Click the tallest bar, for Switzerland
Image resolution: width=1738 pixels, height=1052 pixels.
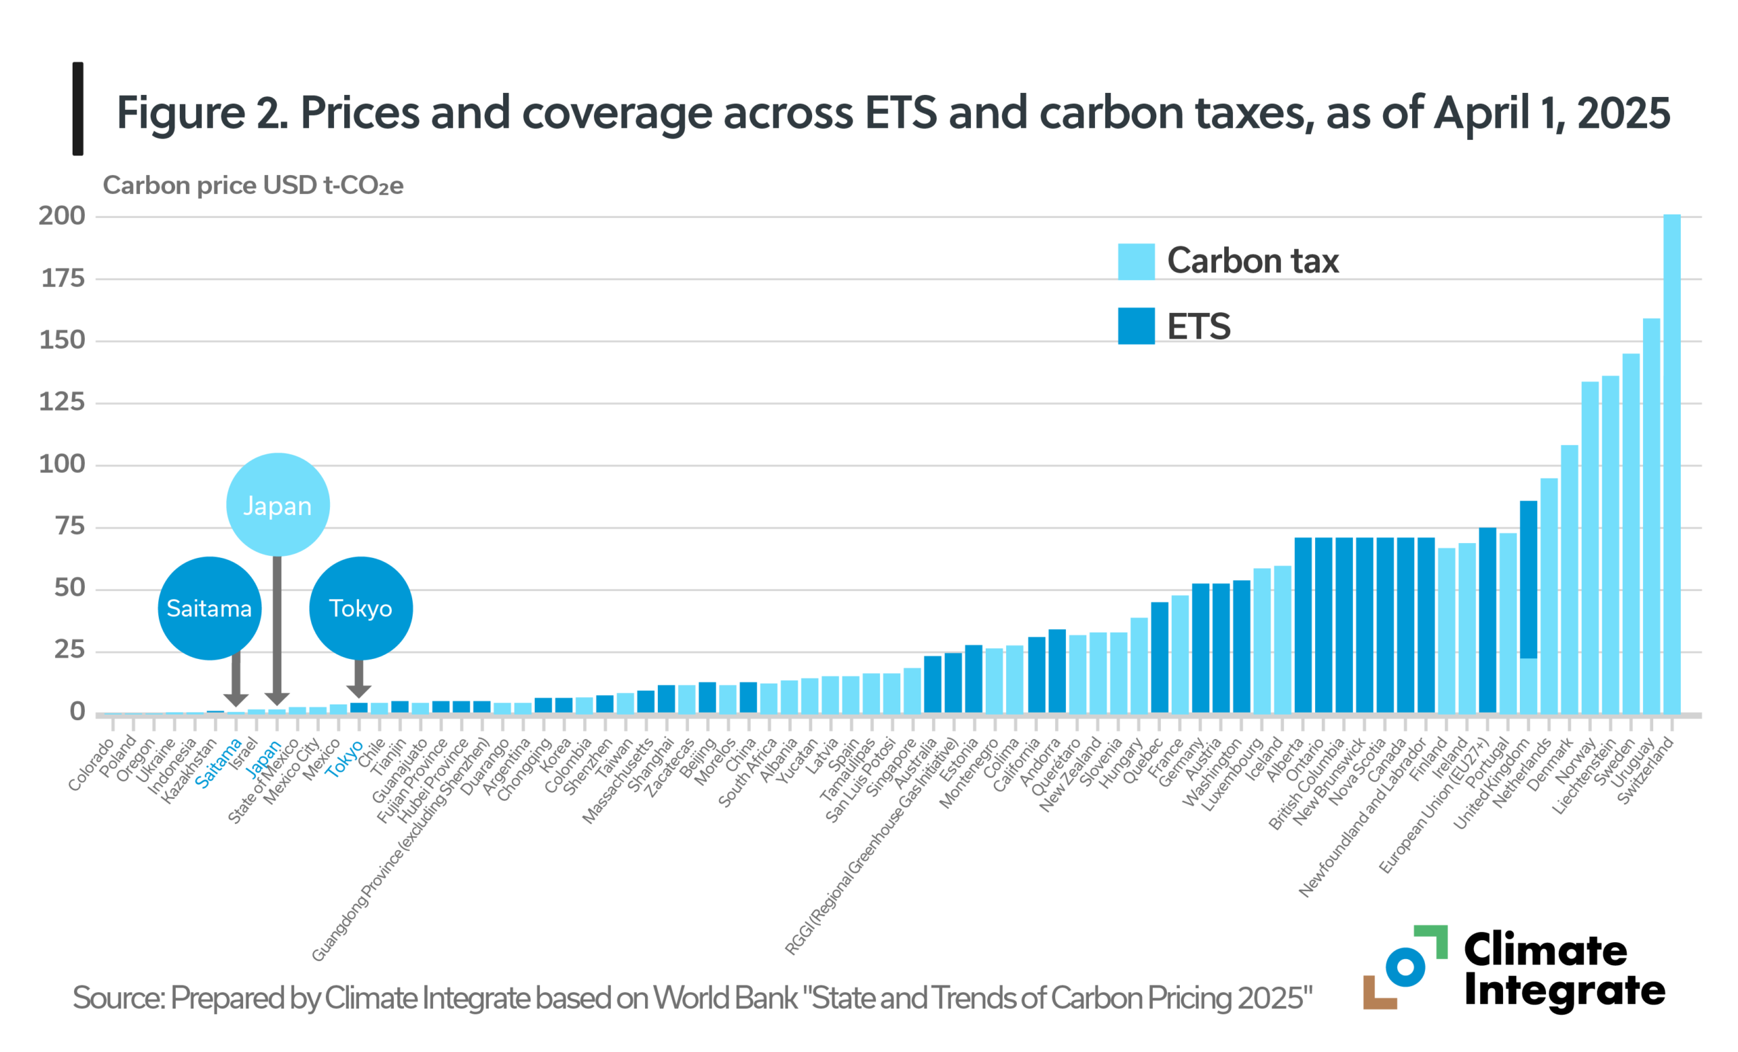pyautogui.click(x=1671, y=466)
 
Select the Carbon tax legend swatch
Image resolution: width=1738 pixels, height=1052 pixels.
pyautogui.click(x=1136, y=261)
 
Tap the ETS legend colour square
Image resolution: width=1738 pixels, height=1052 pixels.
pyautogui.click(x=1136, y=326)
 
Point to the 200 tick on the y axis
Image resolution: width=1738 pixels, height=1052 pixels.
pyautogui.click(x=62, y=216)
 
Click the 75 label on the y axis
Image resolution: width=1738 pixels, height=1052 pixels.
pyautogui.click(x=70, y=526)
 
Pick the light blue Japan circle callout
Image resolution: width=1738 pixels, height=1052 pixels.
pyautogui.click(x=277, y=505)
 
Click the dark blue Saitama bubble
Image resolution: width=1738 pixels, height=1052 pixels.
pyautogui.click(x=210, y=608)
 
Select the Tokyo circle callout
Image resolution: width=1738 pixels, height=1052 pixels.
pyautogui.click(x=360, y=608)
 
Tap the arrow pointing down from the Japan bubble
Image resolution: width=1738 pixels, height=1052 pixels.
pyautogui.click(x=277, y=628)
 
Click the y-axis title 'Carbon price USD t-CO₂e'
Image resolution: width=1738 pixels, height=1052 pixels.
pyautogui.click(x=253, y=185)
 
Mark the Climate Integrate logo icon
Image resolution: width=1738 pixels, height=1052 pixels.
pyautogui.click(x=1404, y=966)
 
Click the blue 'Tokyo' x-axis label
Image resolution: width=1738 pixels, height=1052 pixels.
pyautogui.click(x=345, y=759)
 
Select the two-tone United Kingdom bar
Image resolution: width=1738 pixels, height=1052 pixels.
pyautogui.click(x=1528, y=606)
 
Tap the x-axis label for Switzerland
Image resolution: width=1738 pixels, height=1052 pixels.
pyautogui.click(x=1645, y=770)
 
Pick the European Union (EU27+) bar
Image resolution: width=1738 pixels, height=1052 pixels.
pyautogui.click(x=1487, y=620)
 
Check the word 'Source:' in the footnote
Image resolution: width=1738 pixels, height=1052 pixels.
pyautogui.click(x=118, y=998)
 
